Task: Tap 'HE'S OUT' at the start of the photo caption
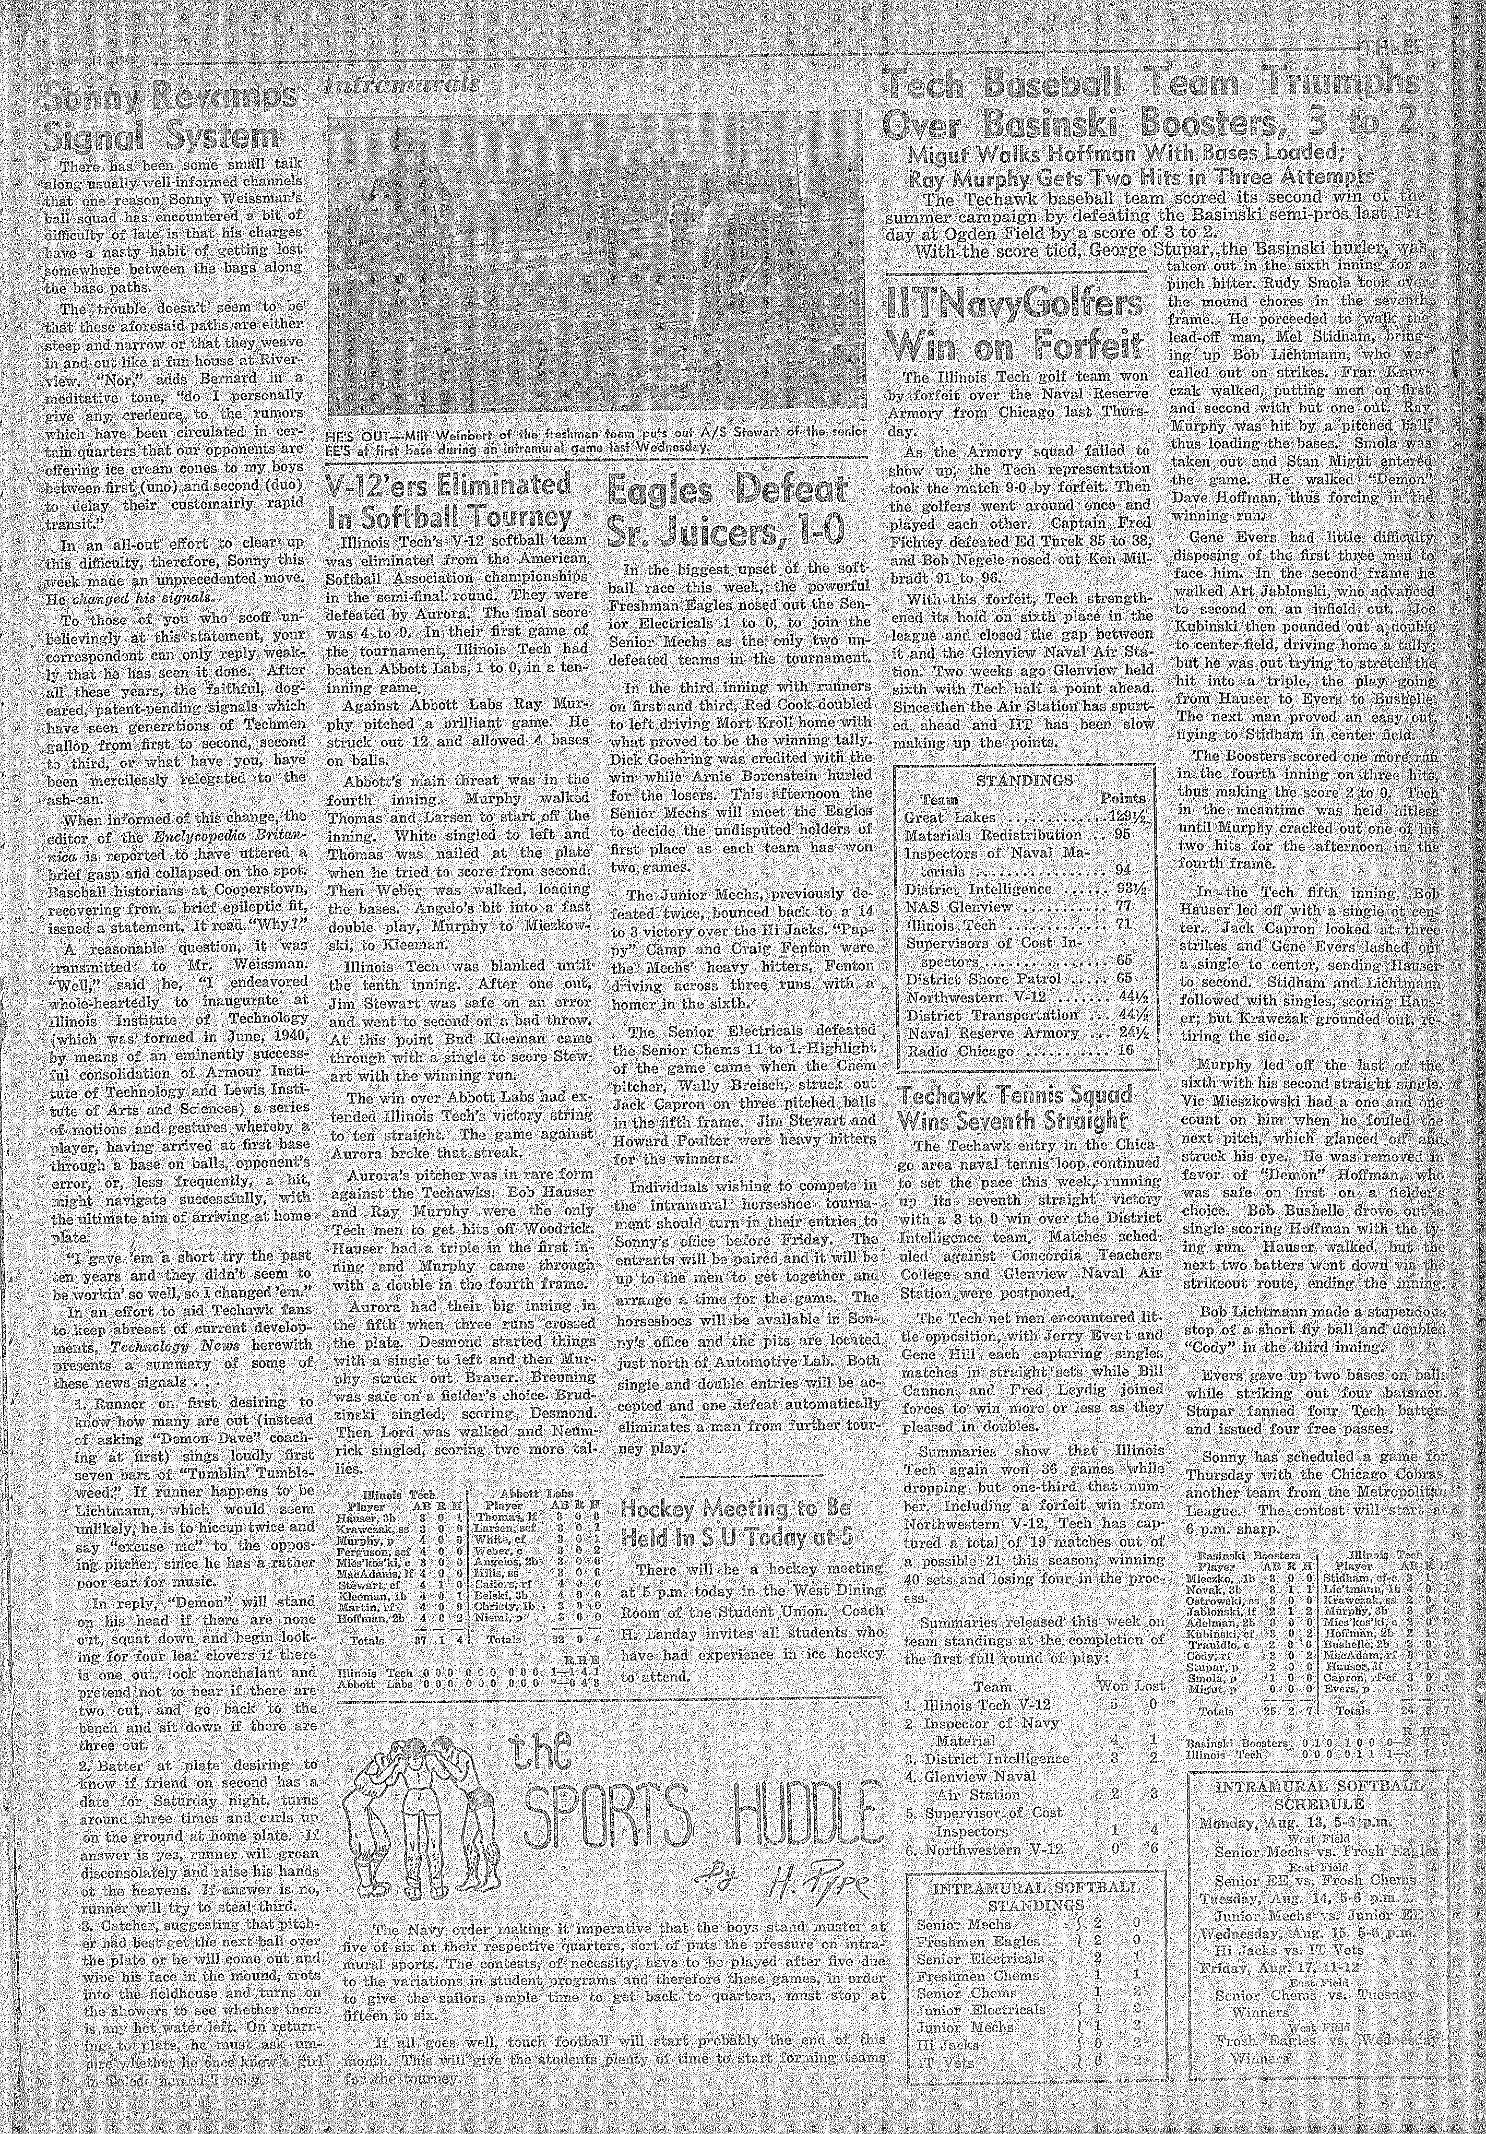pyautogui.click(x=362, y=434)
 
